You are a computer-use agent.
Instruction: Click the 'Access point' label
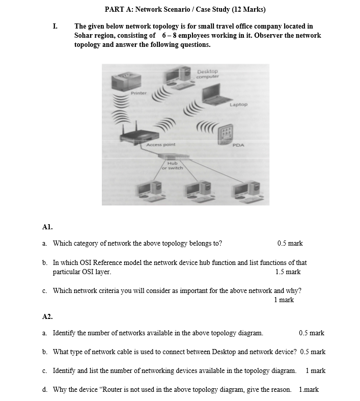[160, 145]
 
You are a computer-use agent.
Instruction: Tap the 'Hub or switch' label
[172, 165]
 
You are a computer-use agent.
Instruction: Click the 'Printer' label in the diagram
[138, 93]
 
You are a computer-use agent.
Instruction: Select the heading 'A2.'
[47, 316]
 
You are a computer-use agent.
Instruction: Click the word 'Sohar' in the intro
[84, 35]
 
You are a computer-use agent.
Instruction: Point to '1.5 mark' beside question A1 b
[288, 272]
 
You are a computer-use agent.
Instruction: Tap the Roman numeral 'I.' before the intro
[55, 26]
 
